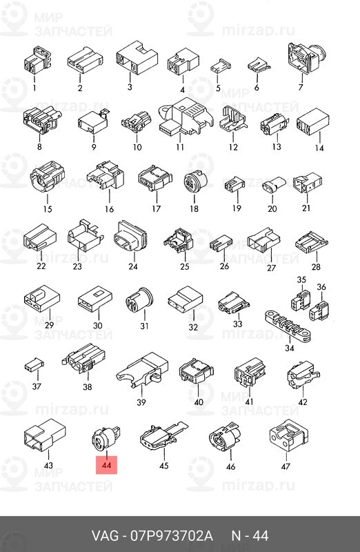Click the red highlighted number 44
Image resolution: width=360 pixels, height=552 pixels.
[x=106, y=465]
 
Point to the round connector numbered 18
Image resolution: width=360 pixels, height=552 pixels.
[x=195, y=181]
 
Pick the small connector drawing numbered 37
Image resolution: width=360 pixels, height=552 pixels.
[x=34, y=366]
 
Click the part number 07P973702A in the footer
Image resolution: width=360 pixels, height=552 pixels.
[x=172, y=536]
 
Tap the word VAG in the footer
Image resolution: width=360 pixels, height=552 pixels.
[x=105, y=536]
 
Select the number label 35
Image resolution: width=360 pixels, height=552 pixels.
[x=301, y=280]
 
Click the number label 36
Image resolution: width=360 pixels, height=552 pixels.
[x=321, y=287]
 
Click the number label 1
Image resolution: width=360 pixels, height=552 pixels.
[x=34, y=87]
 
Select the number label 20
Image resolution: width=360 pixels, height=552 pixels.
[x=272, y=209]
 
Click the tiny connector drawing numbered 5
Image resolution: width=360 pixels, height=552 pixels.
[x=220, y=66]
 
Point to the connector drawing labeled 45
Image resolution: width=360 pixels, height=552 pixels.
[x=163, y=437]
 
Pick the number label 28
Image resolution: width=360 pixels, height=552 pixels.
[x=316, y=267]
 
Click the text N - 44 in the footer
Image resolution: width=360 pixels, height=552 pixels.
[x=250, y=536]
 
